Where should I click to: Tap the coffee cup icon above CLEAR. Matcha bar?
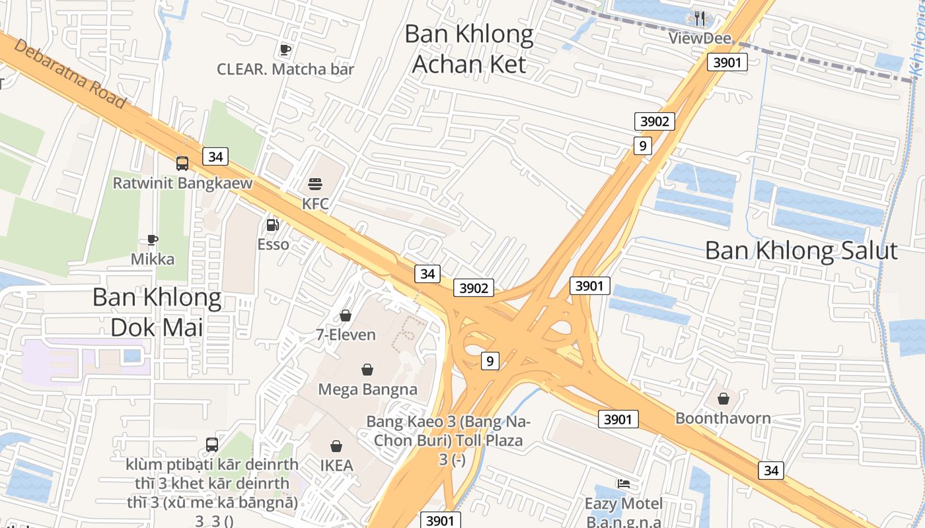click(285, 49)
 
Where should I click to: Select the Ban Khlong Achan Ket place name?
click(468, 49)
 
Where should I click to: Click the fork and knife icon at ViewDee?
click(700, 18)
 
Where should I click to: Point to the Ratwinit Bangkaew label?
click(182, 183)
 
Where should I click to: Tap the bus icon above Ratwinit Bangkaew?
click(182, 163)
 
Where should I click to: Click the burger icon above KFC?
click(315, 183)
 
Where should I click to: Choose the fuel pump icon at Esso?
click(272, 225)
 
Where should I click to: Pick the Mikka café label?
click(153, 259)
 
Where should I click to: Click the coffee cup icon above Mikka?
click(153, 240)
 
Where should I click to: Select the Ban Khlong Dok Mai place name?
click(157, 312)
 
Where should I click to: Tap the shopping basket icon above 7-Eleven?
click(346, 315)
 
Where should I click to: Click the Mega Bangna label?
click(367, 389)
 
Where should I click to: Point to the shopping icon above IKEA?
click(336, 446)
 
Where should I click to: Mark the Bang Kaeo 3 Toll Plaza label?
click(449, 440)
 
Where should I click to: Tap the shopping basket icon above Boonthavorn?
click(723, 399)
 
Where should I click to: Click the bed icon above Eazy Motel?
click(623, 484)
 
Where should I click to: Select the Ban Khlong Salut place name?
click(801, 251)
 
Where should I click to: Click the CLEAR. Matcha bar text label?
click(285, 69)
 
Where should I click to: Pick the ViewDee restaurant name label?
click(700, 38)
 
